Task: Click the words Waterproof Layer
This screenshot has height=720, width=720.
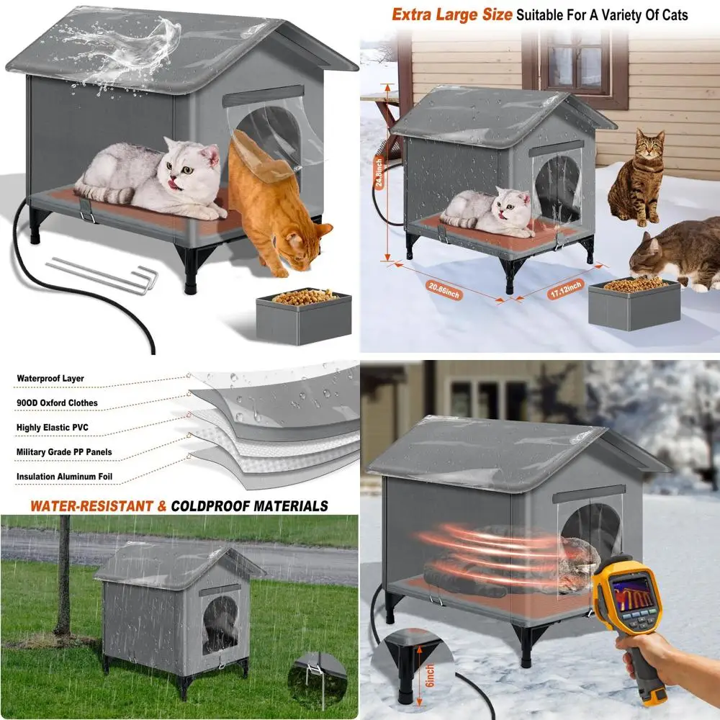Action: pyautogui.click(x=50, y=379)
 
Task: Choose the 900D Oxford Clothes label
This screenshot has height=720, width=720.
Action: pyautogui.click(x=57, y=403)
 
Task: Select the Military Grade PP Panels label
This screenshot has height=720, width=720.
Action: pyautogui.click(x=64, y=452)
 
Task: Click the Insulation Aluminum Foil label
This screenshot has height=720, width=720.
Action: pyautogui.click(x=64, y=477)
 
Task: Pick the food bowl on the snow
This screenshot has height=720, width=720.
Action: pyautogui.click(x=634, y=302)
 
